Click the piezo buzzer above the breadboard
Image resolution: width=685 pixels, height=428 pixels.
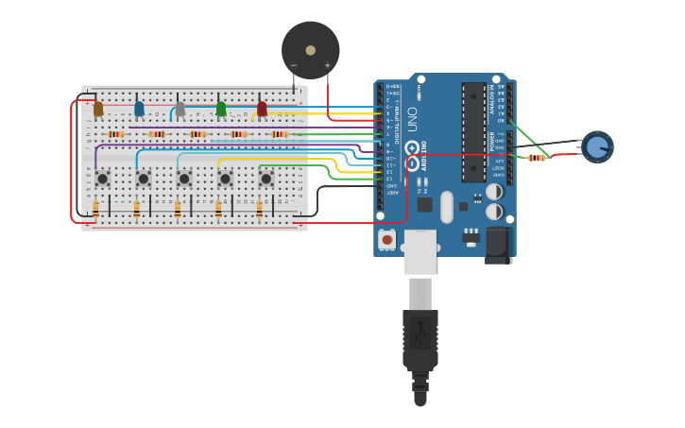[x=310, y=50]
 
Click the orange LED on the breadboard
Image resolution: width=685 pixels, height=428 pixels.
[x=98, y=110]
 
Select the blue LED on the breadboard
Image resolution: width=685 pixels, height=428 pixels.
[x=139, y=110]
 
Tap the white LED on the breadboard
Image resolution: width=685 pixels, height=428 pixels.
[x=180, y=110]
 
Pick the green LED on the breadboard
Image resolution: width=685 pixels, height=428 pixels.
[x=221, y=110]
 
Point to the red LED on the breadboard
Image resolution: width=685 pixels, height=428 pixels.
[x=262, y=110]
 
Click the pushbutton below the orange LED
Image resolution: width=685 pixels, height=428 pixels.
[x=102, y=178]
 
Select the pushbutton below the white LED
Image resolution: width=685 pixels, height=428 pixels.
[x=184, y=178]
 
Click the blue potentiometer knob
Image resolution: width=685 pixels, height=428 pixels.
[x=597, y=146]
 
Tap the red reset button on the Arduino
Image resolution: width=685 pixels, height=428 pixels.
[x=386, y=240]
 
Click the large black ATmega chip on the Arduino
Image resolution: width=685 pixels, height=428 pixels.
[x=473, y=132]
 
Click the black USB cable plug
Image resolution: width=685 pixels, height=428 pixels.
[x=420, y=340]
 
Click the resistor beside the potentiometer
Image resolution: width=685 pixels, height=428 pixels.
[x=537, y=158]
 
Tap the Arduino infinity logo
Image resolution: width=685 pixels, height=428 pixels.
[x=412, y=149]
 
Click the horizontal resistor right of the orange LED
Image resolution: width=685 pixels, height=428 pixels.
[x=116, y=134]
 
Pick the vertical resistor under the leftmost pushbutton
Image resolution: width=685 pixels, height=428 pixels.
[x=95, y=209]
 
